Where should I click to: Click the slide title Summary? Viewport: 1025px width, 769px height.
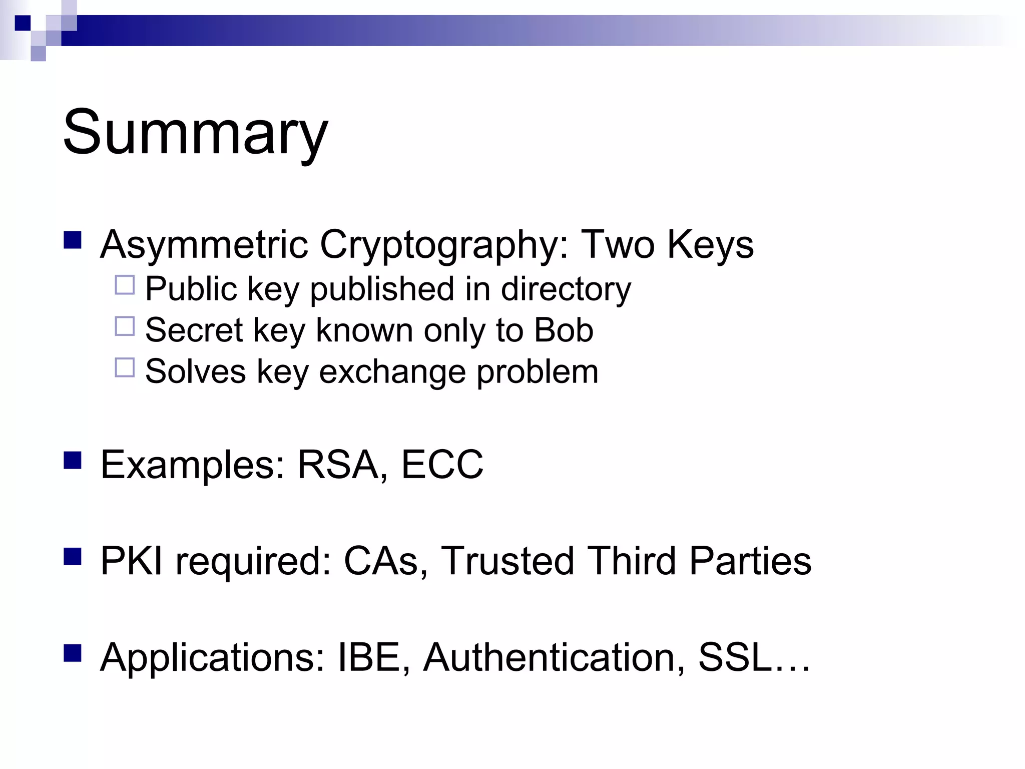(195, 133)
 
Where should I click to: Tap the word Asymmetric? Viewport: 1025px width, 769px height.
(204, 244)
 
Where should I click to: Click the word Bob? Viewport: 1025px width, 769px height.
(564, 330)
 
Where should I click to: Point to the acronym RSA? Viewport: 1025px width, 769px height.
(338, 465)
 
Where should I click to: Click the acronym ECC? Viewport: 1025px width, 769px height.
(442, 465)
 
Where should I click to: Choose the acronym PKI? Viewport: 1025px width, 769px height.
(132, 561)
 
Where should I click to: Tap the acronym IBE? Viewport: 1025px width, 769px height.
(369, 657)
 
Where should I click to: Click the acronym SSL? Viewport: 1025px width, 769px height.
(735, 657)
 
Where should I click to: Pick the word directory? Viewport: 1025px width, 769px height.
(566, 289)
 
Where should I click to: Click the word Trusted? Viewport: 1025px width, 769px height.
(507, 561)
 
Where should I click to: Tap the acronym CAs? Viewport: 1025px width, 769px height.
(381, 561)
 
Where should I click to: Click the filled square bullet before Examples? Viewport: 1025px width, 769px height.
(73, 460)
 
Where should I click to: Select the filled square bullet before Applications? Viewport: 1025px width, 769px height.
(73, 653)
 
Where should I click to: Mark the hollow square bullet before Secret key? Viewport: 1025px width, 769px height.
(125, 326)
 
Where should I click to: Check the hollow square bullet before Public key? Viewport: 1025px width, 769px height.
(125, 285)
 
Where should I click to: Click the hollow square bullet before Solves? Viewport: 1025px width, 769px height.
(125, 367)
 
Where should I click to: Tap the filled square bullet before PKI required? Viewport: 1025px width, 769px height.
(73, 556)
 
